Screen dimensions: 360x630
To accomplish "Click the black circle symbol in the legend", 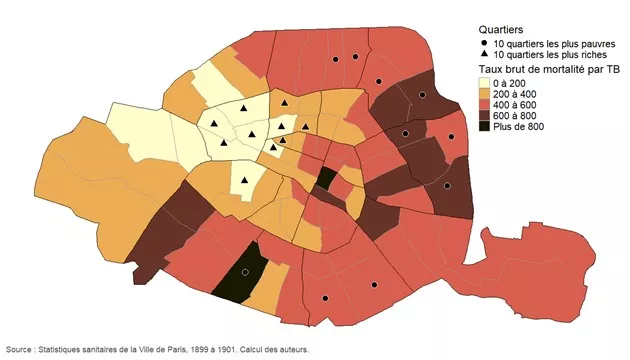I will pyautogui.click(x=484, y=44).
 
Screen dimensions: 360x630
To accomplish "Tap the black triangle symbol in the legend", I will pyautogui.click(x=484, y=56).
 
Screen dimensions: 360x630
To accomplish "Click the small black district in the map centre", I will pyautogui.click(x=326, y=180).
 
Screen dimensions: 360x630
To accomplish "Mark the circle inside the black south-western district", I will pyautogui.click(x=244, y=272).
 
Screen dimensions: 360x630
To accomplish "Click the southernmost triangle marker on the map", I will pyautogui.click(x=244, y=181).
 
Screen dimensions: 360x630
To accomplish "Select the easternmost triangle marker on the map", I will pyautogui.click(x=306, y=126).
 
